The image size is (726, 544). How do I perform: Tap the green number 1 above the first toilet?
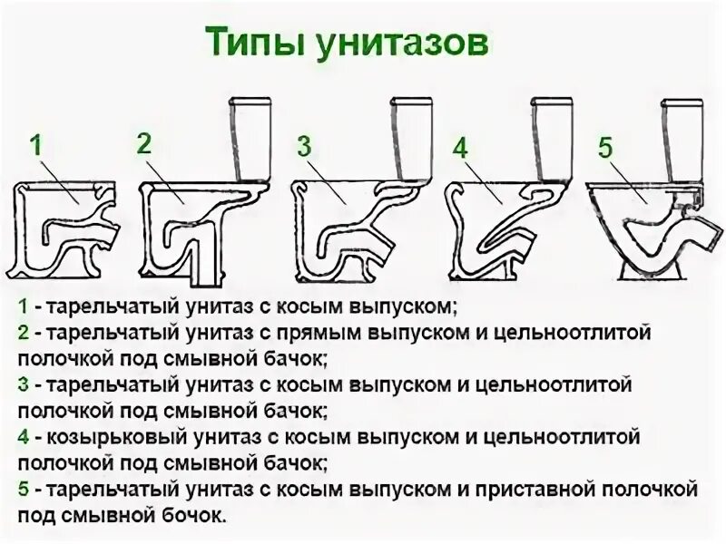[x=35, y=146]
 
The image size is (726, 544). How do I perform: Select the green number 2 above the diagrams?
[x=144, y=142]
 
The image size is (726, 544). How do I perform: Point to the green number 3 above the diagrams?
[x=305, y=146]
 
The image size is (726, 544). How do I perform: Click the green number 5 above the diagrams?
[x=605, y=146]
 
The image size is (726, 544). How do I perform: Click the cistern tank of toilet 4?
[x=555, y=136]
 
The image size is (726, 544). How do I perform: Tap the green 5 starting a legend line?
[x=21, y=491]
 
